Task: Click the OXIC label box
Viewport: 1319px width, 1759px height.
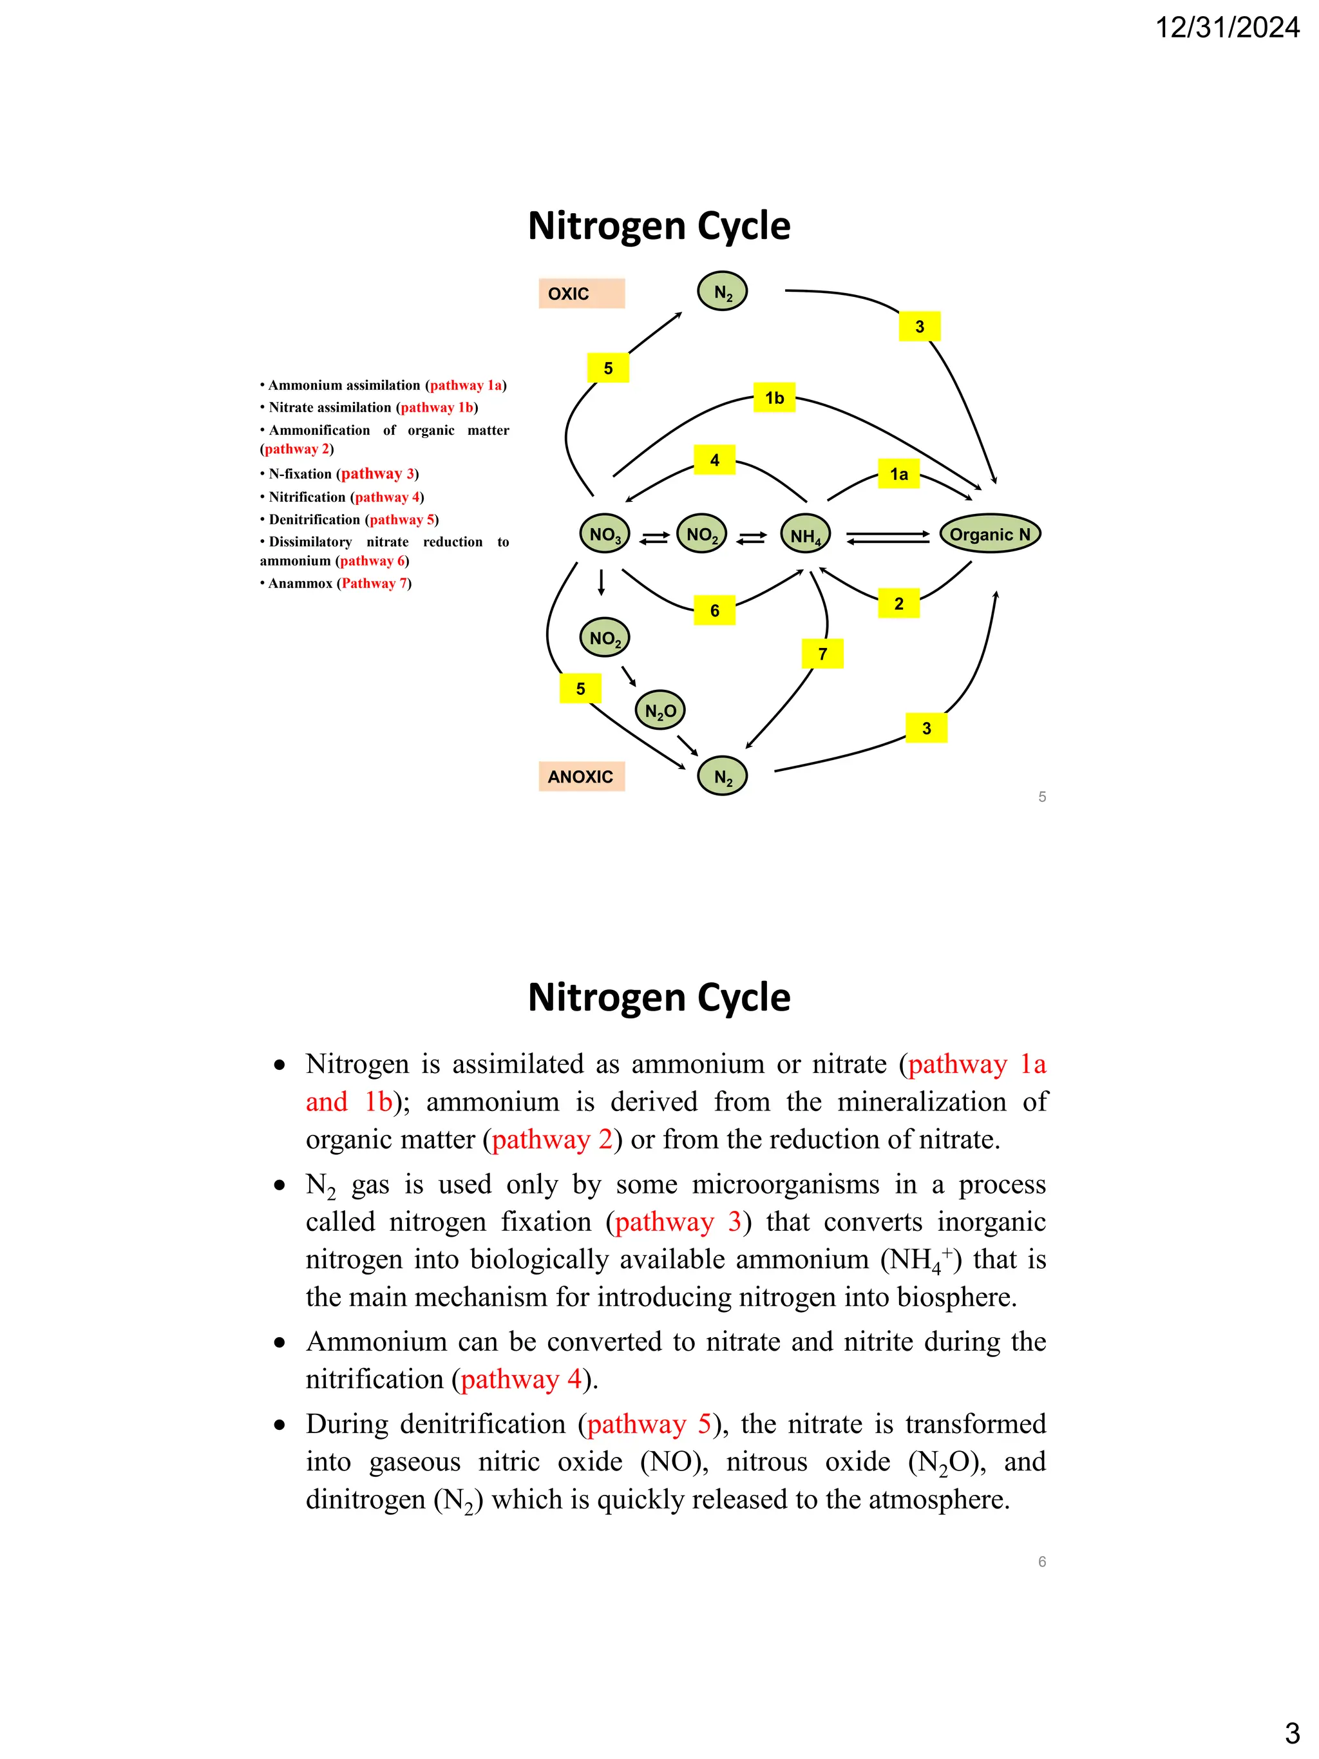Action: [x=581, y=294]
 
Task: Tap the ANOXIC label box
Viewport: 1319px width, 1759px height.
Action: [x=581, y=776]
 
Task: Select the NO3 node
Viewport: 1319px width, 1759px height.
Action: [x=605, y=535]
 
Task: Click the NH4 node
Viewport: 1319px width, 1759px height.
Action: [x=806, y=535]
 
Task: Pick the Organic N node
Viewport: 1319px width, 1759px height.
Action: [x=990, y=533]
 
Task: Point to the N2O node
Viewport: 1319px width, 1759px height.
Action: [x=660, y=711]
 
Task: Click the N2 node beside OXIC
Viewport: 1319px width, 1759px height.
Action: [x=722, y=292]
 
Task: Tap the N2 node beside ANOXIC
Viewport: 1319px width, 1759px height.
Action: [x=722, y=776]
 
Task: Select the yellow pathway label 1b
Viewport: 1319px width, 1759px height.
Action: [x=774, y=397]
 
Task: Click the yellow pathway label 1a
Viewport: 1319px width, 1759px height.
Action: [x=898, y=474]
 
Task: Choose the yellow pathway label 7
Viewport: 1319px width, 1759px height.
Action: [x=822, y=654]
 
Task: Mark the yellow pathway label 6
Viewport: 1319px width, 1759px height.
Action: [x=714, y=610]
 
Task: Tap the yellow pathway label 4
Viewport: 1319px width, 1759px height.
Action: [x=714, y=460]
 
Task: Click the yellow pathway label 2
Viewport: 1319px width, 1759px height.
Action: [x=898, y=604]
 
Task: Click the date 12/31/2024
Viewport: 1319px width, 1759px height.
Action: [x=1227, y=28]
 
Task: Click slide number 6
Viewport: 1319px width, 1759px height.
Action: [x=1041, y=1562]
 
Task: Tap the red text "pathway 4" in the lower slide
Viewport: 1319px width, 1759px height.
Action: [x=521, y=1379]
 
